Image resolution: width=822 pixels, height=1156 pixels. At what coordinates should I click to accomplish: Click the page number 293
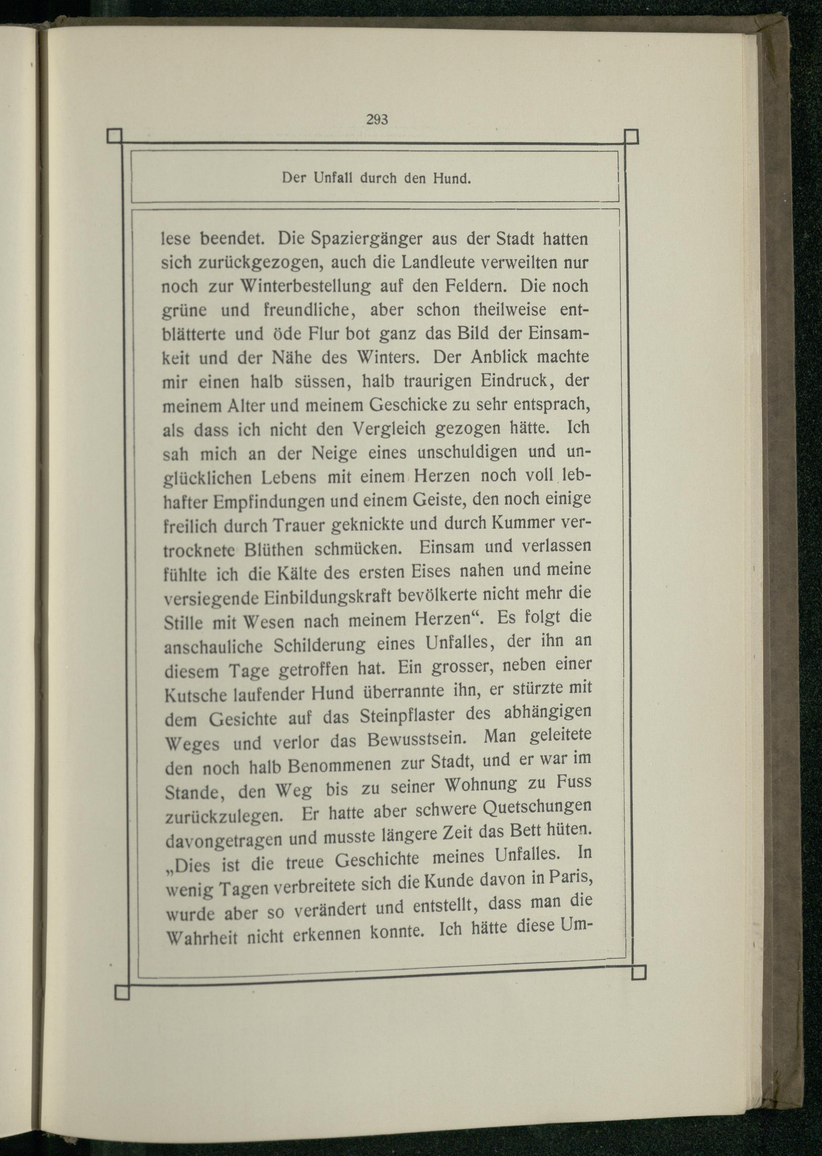pos(377,120)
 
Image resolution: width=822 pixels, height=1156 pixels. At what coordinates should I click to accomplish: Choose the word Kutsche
pos(193,695)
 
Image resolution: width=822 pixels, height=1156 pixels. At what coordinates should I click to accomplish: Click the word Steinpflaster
pos(399,716)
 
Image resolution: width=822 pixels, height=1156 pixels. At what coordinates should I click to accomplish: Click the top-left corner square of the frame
pos(115,136)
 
